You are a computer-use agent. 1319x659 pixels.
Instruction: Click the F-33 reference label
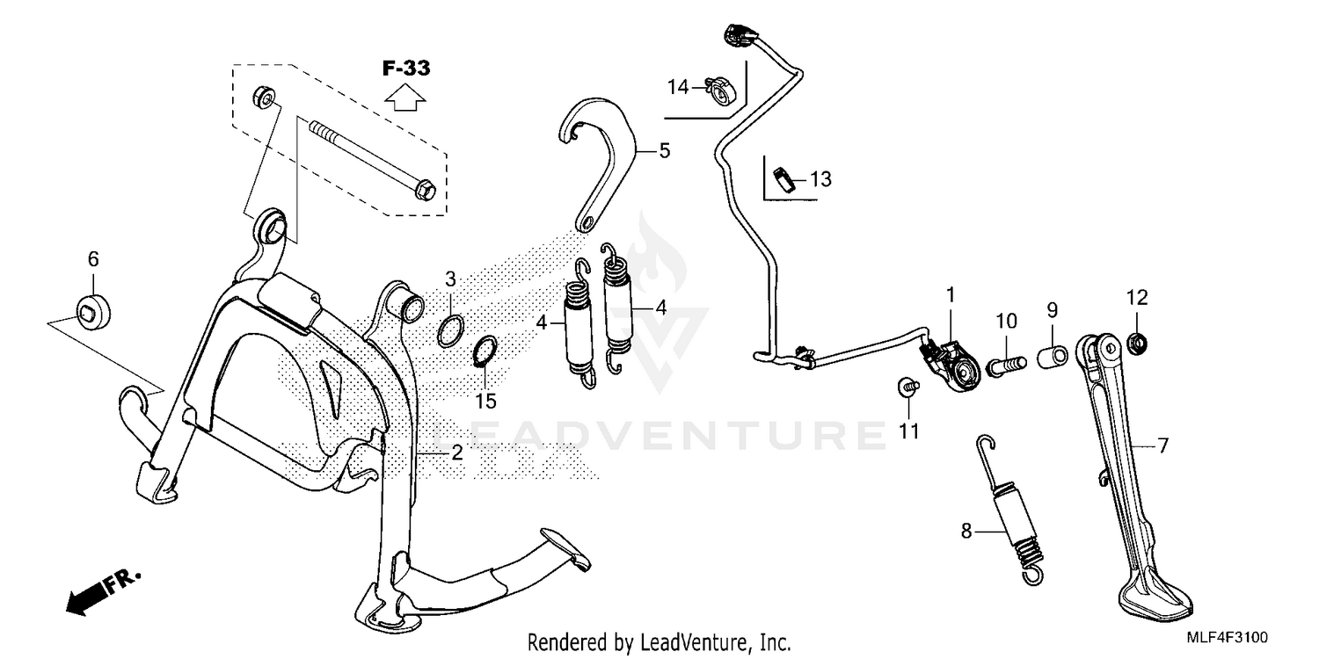point(405,68)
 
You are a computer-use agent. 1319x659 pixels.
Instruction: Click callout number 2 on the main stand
point(456,453)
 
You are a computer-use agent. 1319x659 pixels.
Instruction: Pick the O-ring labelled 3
point(450,331)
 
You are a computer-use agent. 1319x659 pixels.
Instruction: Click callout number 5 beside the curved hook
point(663,151)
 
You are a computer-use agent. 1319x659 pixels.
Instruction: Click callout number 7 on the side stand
point(1162,446)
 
